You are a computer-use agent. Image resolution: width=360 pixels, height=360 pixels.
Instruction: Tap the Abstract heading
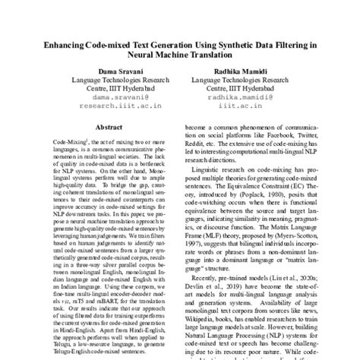point(105,130)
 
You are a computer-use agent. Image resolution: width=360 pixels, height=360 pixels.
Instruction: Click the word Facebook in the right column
point(283,153)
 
